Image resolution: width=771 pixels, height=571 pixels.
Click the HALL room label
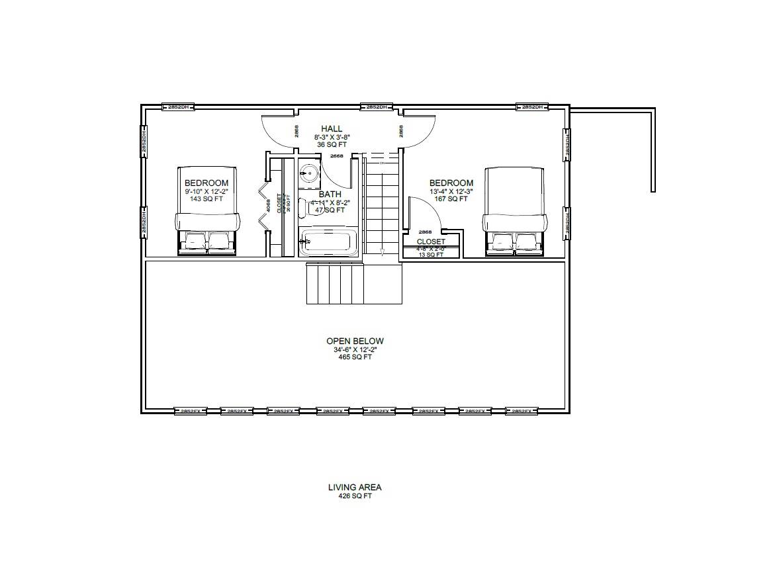[x=332, y=128]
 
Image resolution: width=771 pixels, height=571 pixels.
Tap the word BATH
[x=330, y=195]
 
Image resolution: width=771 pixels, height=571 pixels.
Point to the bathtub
[x=329, y=243]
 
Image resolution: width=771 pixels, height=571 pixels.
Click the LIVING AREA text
[x=355, y=488]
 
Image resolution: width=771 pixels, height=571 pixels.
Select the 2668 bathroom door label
[x=336, y=156]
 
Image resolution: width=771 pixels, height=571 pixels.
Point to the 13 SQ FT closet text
[x=430, y=255]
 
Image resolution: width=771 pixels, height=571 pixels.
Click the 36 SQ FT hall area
[x=332, y=144]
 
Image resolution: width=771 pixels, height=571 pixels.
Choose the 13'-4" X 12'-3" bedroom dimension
[x=451, y=191]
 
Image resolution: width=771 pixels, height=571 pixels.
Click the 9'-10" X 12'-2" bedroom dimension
[x=206, y=191]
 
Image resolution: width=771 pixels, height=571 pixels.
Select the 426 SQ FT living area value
[x=355, y=496]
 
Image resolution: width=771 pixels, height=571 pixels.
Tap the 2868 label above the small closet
[x=426, y=232]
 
